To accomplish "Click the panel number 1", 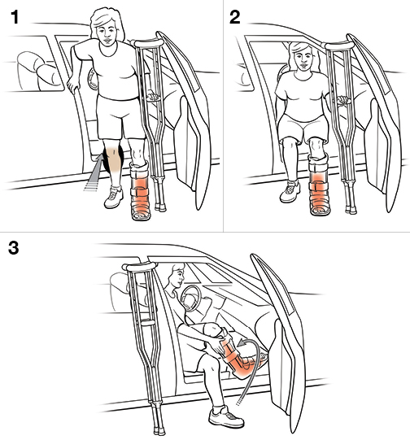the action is [x=15, y=17].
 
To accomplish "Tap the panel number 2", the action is [x=235, y=17].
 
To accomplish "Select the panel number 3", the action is [x=13, y=248].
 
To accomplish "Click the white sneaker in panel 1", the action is [x=114, y=197].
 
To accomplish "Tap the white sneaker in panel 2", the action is [x=290, y=191].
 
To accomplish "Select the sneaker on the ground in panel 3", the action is [x=225, y=416].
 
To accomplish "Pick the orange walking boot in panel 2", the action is [x=320, y=185].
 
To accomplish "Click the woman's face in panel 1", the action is [x=107, y=33].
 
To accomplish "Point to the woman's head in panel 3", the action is [x=177, y=276].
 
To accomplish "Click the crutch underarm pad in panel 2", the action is [x=338, y=46].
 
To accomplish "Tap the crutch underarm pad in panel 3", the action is [x=138, y=267].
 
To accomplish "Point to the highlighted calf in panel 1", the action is [x=113, y=159].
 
